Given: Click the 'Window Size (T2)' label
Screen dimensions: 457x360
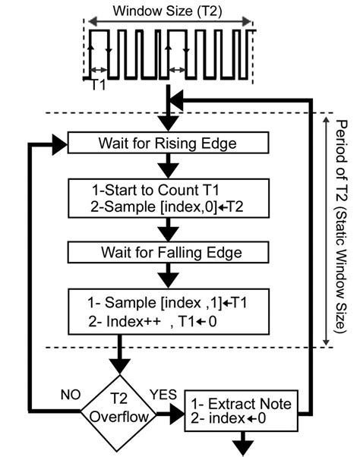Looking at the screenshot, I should [164, 11].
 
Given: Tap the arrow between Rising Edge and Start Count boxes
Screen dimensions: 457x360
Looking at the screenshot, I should [166, 167].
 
